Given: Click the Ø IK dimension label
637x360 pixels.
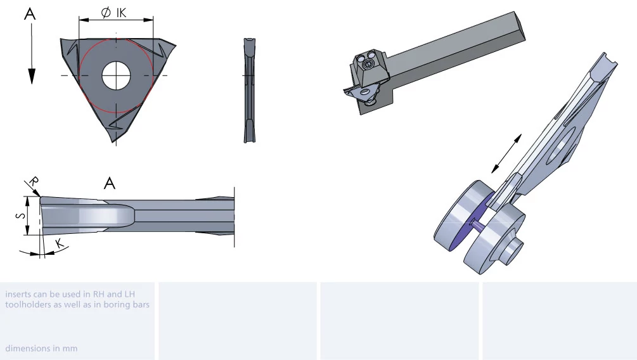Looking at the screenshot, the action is coord(113,13).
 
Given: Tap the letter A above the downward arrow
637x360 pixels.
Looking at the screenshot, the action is coord(30,14).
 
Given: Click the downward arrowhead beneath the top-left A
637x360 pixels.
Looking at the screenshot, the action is coord(32,76).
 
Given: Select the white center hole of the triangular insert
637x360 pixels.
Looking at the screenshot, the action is coord(116,75).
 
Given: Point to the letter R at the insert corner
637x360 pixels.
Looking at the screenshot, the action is coord(34,181).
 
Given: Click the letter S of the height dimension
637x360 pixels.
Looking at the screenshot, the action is coord(20,215).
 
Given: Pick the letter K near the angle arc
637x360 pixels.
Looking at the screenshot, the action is coord(60,243).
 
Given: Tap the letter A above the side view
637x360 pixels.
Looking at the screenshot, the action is coord(109,184).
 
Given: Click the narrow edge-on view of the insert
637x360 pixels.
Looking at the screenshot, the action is coord(250,90).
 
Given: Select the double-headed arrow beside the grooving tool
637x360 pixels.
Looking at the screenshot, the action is coord(506,153).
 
